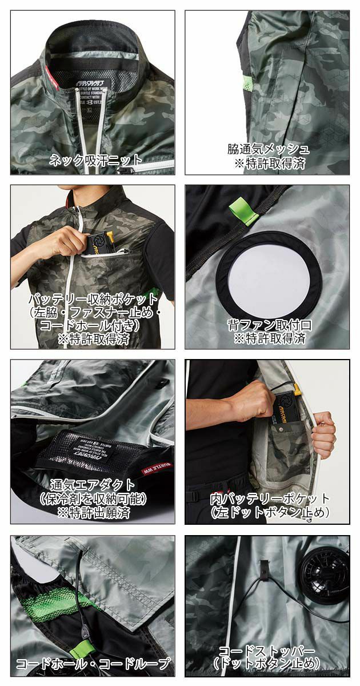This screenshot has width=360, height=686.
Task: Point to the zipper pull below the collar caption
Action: (x=127, y=170)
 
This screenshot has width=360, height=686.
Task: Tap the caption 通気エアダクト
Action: (x=93, y=485)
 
